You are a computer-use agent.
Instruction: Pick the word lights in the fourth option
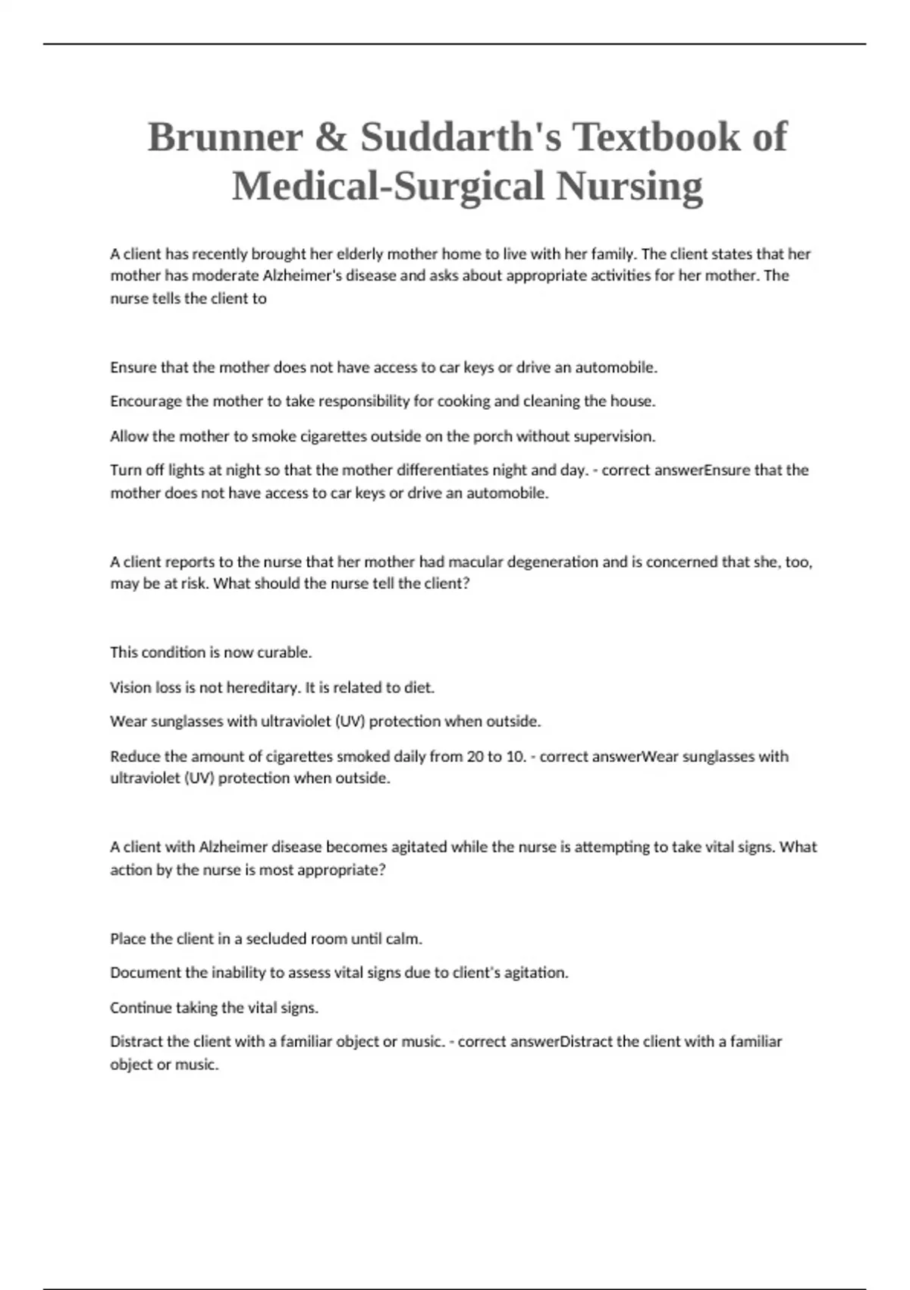186,470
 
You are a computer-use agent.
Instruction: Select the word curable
284,653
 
